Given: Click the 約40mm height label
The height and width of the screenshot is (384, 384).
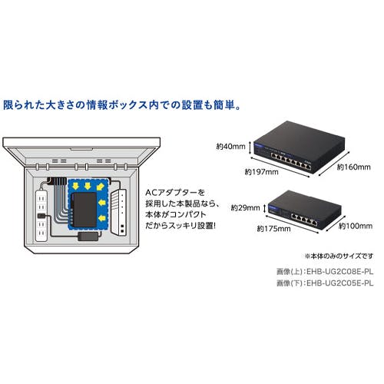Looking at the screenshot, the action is pyautogui.click(x=230, y=147).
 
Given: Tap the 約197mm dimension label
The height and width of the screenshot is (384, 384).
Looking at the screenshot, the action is pyautogui.click(x=261, y=172).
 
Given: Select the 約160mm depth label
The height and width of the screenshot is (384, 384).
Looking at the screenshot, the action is pyautogui.click(x=353, y=167).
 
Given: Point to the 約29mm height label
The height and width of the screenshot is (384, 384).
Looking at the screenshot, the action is pyautogui.click(x=245, y=207).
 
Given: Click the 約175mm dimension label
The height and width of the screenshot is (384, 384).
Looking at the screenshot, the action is pyautogui.click(x=273, y=229).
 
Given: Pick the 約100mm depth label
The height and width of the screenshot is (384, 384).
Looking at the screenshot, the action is pyautogui.click(x=356, y=226).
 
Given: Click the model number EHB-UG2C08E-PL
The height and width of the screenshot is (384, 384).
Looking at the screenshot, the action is pyautogui.click(x=339, y=272).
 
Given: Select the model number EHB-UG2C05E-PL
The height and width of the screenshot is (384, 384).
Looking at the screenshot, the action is pyautogui.click(x=339, y=283).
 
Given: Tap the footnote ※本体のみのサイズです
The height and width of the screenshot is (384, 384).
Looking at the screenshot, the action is pyautogui.click(x=339, y=256).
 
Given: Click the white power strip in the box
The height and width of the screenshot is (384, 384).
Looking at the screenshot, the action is pyautogui.click(x=41, y=216).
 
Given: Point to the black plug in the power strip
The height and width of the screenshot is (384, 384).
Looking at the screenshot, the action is pyautogui.click(x=41, y=216).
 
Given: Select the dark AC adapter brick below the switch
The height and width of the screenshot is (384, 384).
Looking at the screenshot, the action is pyautogui.click(x=88, y=237).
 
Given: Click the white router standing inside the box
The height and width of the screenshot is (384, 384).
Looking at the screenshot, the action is pyautogui.click(x=119, y=212).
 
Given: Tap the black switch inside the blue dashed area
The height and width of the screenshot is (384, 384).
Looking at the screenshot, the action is pyautogui.click(x=84, y=210).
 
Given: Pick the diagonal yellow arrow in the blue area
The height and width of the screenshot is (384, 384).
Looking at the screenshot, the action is pyautogui.click(x=101, y=187).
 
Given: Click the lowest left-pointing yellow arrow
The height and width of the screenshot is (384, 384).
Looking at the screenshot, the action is pyautogui.click(x=102, y=218).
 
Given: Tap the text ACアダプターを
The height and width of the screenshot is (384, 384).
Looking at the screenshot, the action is pyautogui.click(x=175, y=193).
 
